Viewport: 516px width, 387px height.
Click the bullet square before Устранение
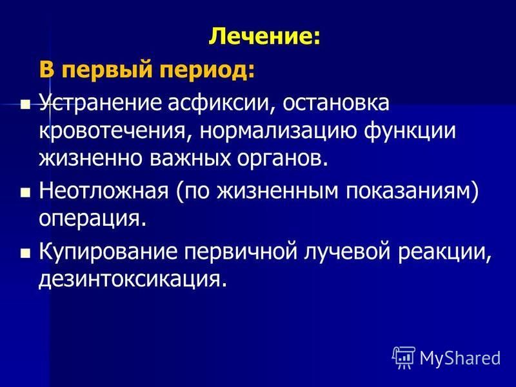click(25, 105)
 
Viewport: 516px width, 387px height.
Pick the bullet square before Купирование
click(25, 253)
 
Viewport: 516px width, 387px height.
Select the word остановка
click(335, 103)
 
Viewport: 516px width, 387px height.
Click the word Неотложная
click(104, 191)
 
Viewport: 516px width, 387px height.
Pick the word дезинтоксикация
click(133, 281)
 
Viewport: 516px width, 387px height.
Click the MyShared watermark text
click(461, 358)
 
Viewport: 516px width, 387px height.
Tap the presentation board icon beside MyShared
click(404, 358)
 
